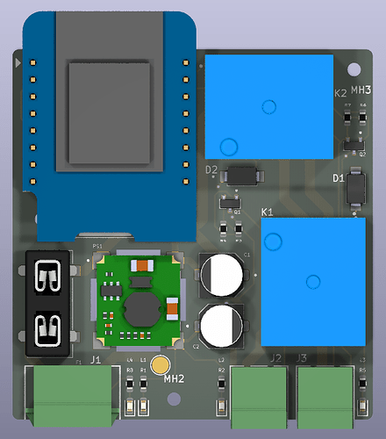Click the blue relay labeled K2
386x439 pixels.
pyautogui.click(x=269, y=105)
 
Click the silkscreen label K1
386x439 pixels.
pyautogui.click(x=268, y=212)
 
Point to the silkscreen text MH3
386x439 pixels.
pyautogui.click(x=361, y=90)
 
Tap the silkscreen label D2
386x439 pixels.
pyautogui.click(x=211, y=169)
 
